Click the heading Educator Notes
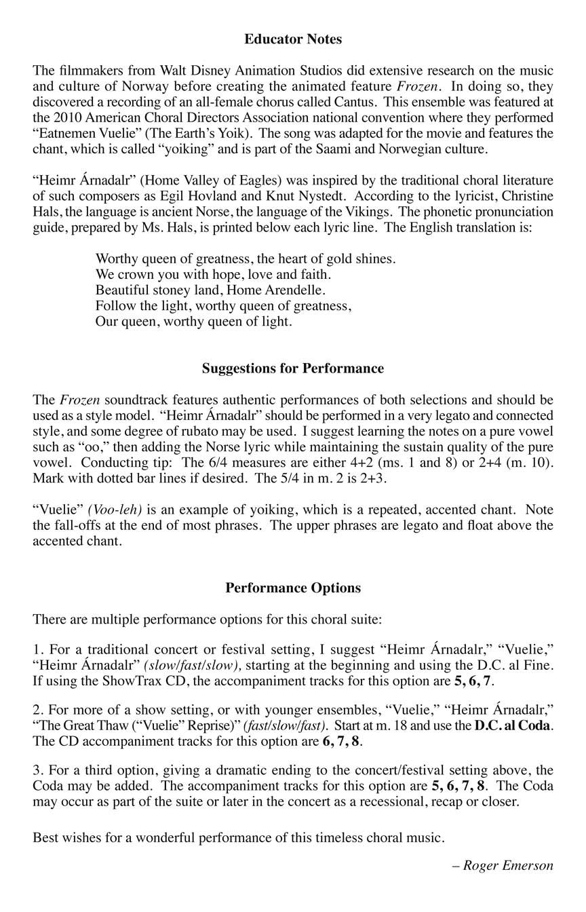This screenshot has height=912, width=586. pyautogui.click(x=293, y=39)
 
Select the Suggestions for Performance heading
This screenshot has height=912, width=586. pyautogui.click(x=293, y=368)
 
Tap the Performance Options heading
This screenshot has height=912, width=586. pyautogui.click(x=293, y=588)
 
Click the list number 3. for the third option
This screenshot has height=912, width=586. pyautogui.click(x=38, y=770)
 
